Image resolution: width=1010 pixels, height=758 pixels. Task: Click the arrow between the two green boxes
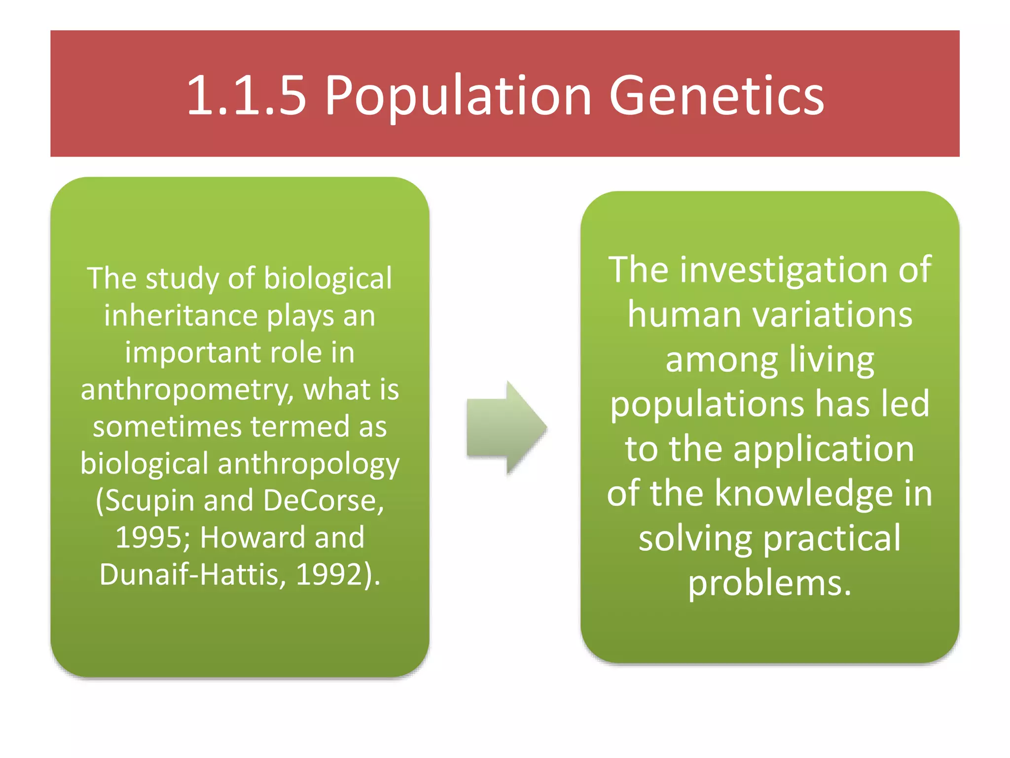point(506,427)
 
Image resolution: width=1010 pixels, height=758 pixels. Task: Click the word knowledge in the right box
point(804,493)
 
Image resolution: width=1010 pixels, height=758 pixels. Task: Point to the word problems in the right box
point(769,583)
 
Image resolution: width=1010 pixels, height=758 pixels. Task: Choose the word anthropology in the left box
point(308,464)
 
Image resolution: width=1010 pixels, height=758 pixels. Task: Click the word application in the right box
point(824,449)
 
